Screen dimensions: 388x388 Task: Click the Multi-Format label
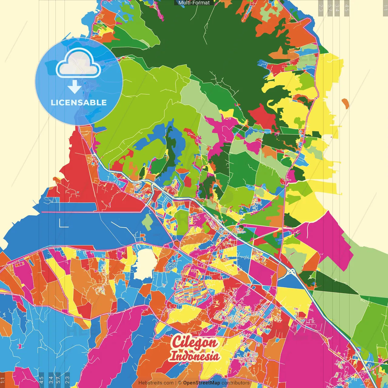[194, 3]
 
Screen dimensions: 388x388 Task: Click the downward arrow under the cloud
[75, 87]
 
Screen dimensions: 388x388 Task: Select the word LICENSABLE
[79, 102]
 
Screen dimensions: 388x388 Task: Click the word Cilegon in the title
[194, 342]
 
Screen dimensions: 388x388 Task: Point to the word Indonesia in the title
[194, 356]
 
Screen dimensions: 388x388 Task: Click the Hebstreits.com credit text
[156, 383]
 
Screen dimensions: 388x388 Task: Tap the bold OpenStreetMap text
[202, 383]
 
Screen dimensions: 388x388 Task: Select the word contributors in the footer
[236, 383]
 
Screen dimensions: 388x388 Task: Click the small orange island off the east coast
[345, 103]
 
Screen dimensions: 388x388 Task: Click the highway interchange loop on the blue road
[291, 271]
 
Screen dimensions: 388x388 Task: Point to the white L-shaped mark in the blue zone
[63, 223]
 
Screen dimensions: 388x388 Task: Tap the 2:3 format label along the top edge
[321, 8]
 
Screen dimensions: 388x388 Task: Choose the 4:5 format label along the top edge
[347, 8]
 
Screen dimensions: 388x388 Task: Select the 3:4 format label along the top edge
[337, 8]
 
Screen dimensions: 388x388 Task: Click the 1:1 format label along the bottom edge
[3, 380]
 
